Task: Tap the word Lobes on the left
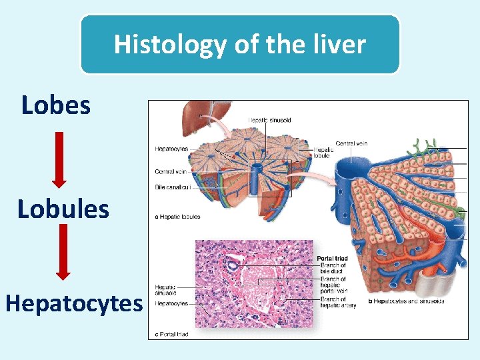(56, 105)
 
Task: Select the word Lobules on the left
(63, 209)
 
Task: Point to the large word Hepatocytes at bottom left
(74, 303)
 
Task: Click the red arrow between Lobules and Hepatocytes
(63, 253)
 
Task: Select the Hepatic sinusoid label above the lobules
(269, 120)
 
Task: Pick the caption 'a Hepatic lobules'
(177, 217)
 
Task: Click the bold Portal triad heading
(331, 259)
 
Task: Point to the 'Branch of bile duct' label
(333, 268)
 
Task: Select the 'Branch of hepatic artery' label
(333, 302)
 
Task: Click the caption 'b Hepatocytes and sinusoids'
(405, 301)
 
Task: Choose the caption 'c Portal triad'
(171, 334)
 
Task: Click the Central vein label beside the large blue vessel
(351, 143)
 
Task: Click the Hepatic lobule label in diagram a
(325, 153)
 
